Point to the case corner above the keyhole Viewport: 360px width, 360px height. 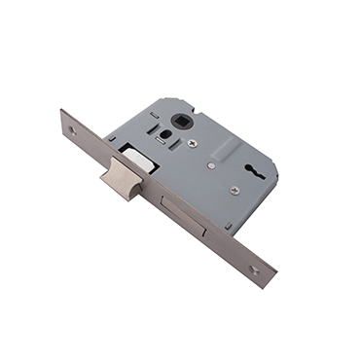256,113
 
